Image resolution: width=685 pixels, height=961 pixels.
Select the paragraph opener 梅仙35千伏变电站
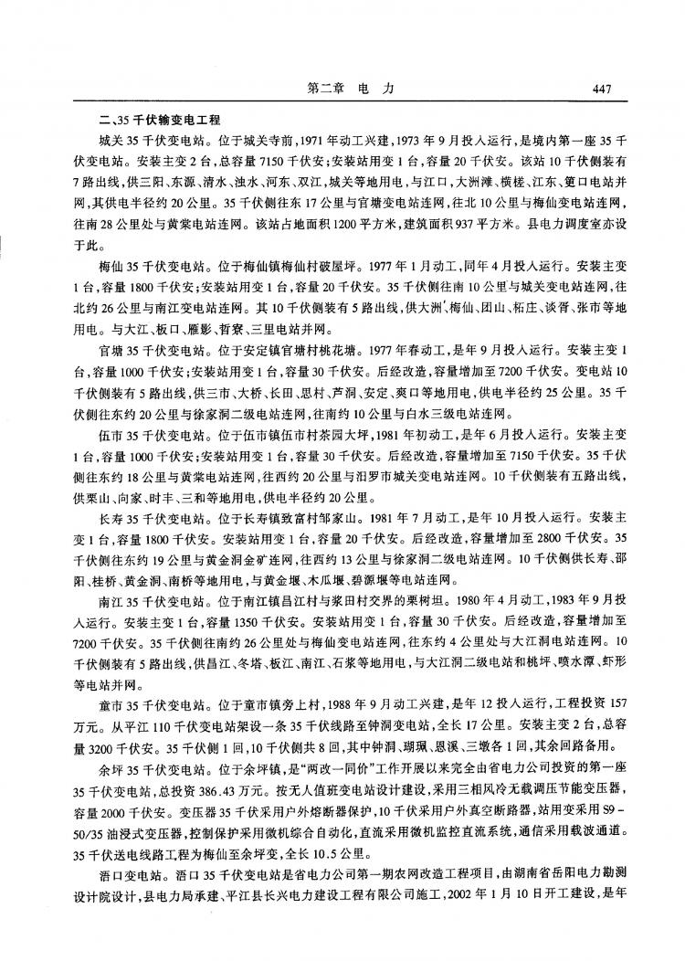pyautogui.click(x=147, y=269)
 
